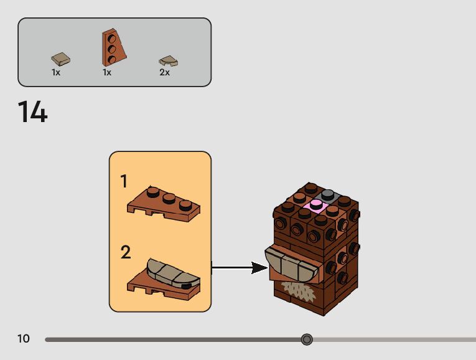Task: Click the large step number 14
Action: tap(32, 112)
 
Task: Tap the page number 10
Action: tap(24, 339)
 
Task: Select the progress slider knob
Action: tap(307, 339)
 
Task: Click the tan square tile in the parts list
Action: tap(60, 59)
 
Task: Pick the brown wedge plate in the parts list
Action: tap(113, 47)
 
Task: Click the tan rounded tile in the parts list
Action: tap(168, 60)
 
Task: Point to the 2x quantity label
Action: tap(164, 72)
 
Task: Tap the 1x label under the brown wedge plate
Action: tap(107, 72)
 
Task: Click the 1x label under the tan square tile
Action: tap(56, 72)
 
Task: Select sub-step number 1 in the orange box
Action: tap(124, 181)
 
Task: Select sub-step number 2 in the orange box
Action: tap(126, 252)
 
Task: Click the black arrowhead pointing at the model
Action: tap(259, 268)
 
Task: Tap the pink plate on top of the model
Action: tap(314, 205)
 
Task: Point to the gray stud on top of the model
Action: tap(328, 194)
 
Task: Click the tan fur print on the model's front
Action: tap(297, 290)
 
